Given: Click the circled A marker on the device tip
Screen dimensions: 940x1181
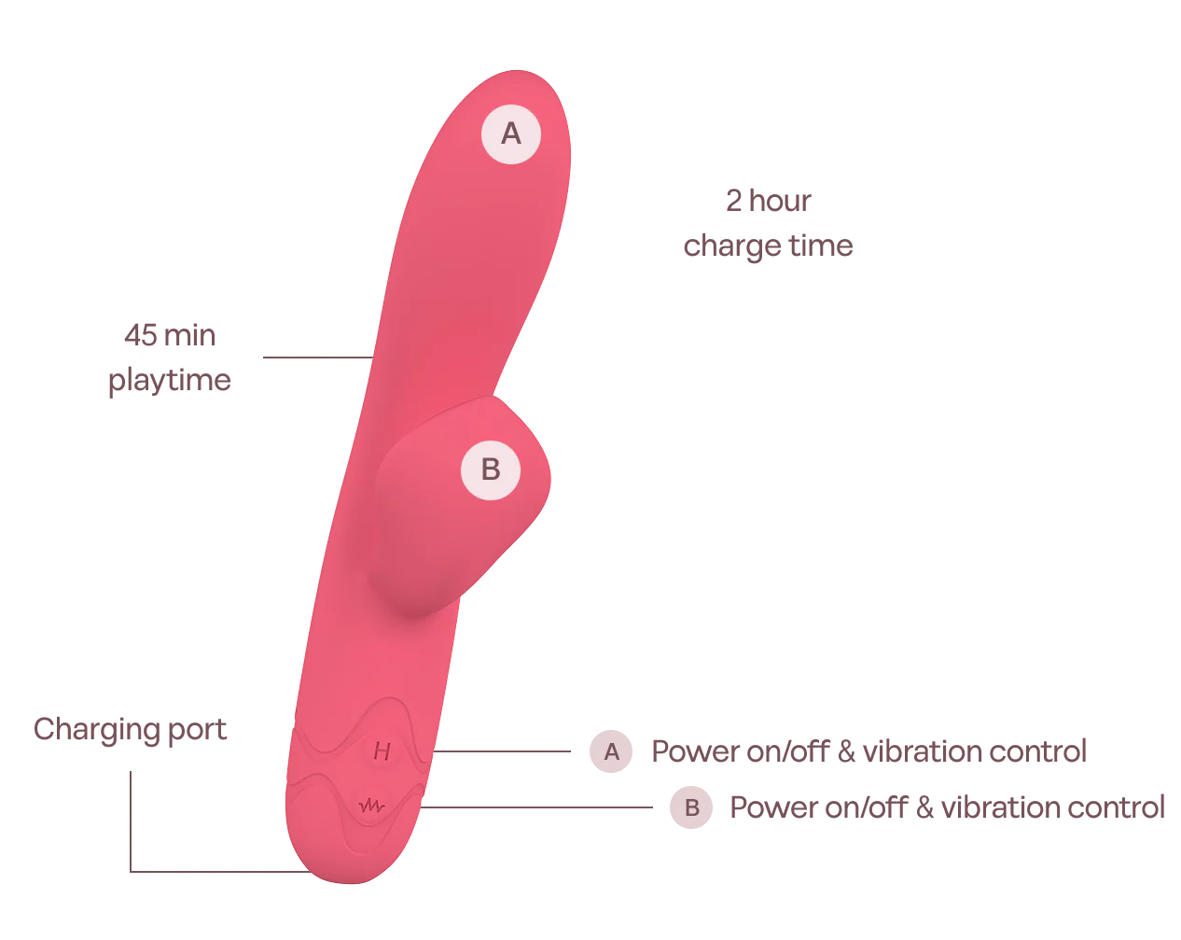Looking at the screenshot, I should point(510,133).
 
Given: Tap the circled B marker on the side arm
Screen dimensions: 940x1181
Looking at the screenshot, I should point(490,469).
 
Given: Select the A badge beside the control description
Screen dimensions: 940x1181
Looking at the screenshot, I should point(611,751).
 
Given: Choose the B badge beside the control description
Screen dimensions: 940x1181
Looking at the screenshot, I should point(691,807).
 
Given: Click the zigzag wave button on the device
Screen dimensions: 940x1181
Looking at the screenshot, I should point(371,805).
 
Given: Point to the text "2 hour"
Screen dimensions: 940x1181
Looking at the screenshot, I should point(767,203).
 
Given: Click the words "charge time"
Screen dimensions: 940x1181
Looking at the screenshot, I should point(767,248).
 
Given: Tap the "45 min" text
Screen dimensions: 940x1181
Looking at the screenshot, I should point(168,337).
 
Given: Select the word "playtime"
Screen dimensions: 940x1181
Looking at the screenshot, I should point(168,382).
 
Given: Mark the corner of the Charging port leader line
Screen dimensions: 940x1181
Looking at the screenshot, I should point(130,870).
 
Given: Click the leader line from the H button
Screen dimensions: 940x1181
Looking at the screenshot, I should point(504,751).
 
